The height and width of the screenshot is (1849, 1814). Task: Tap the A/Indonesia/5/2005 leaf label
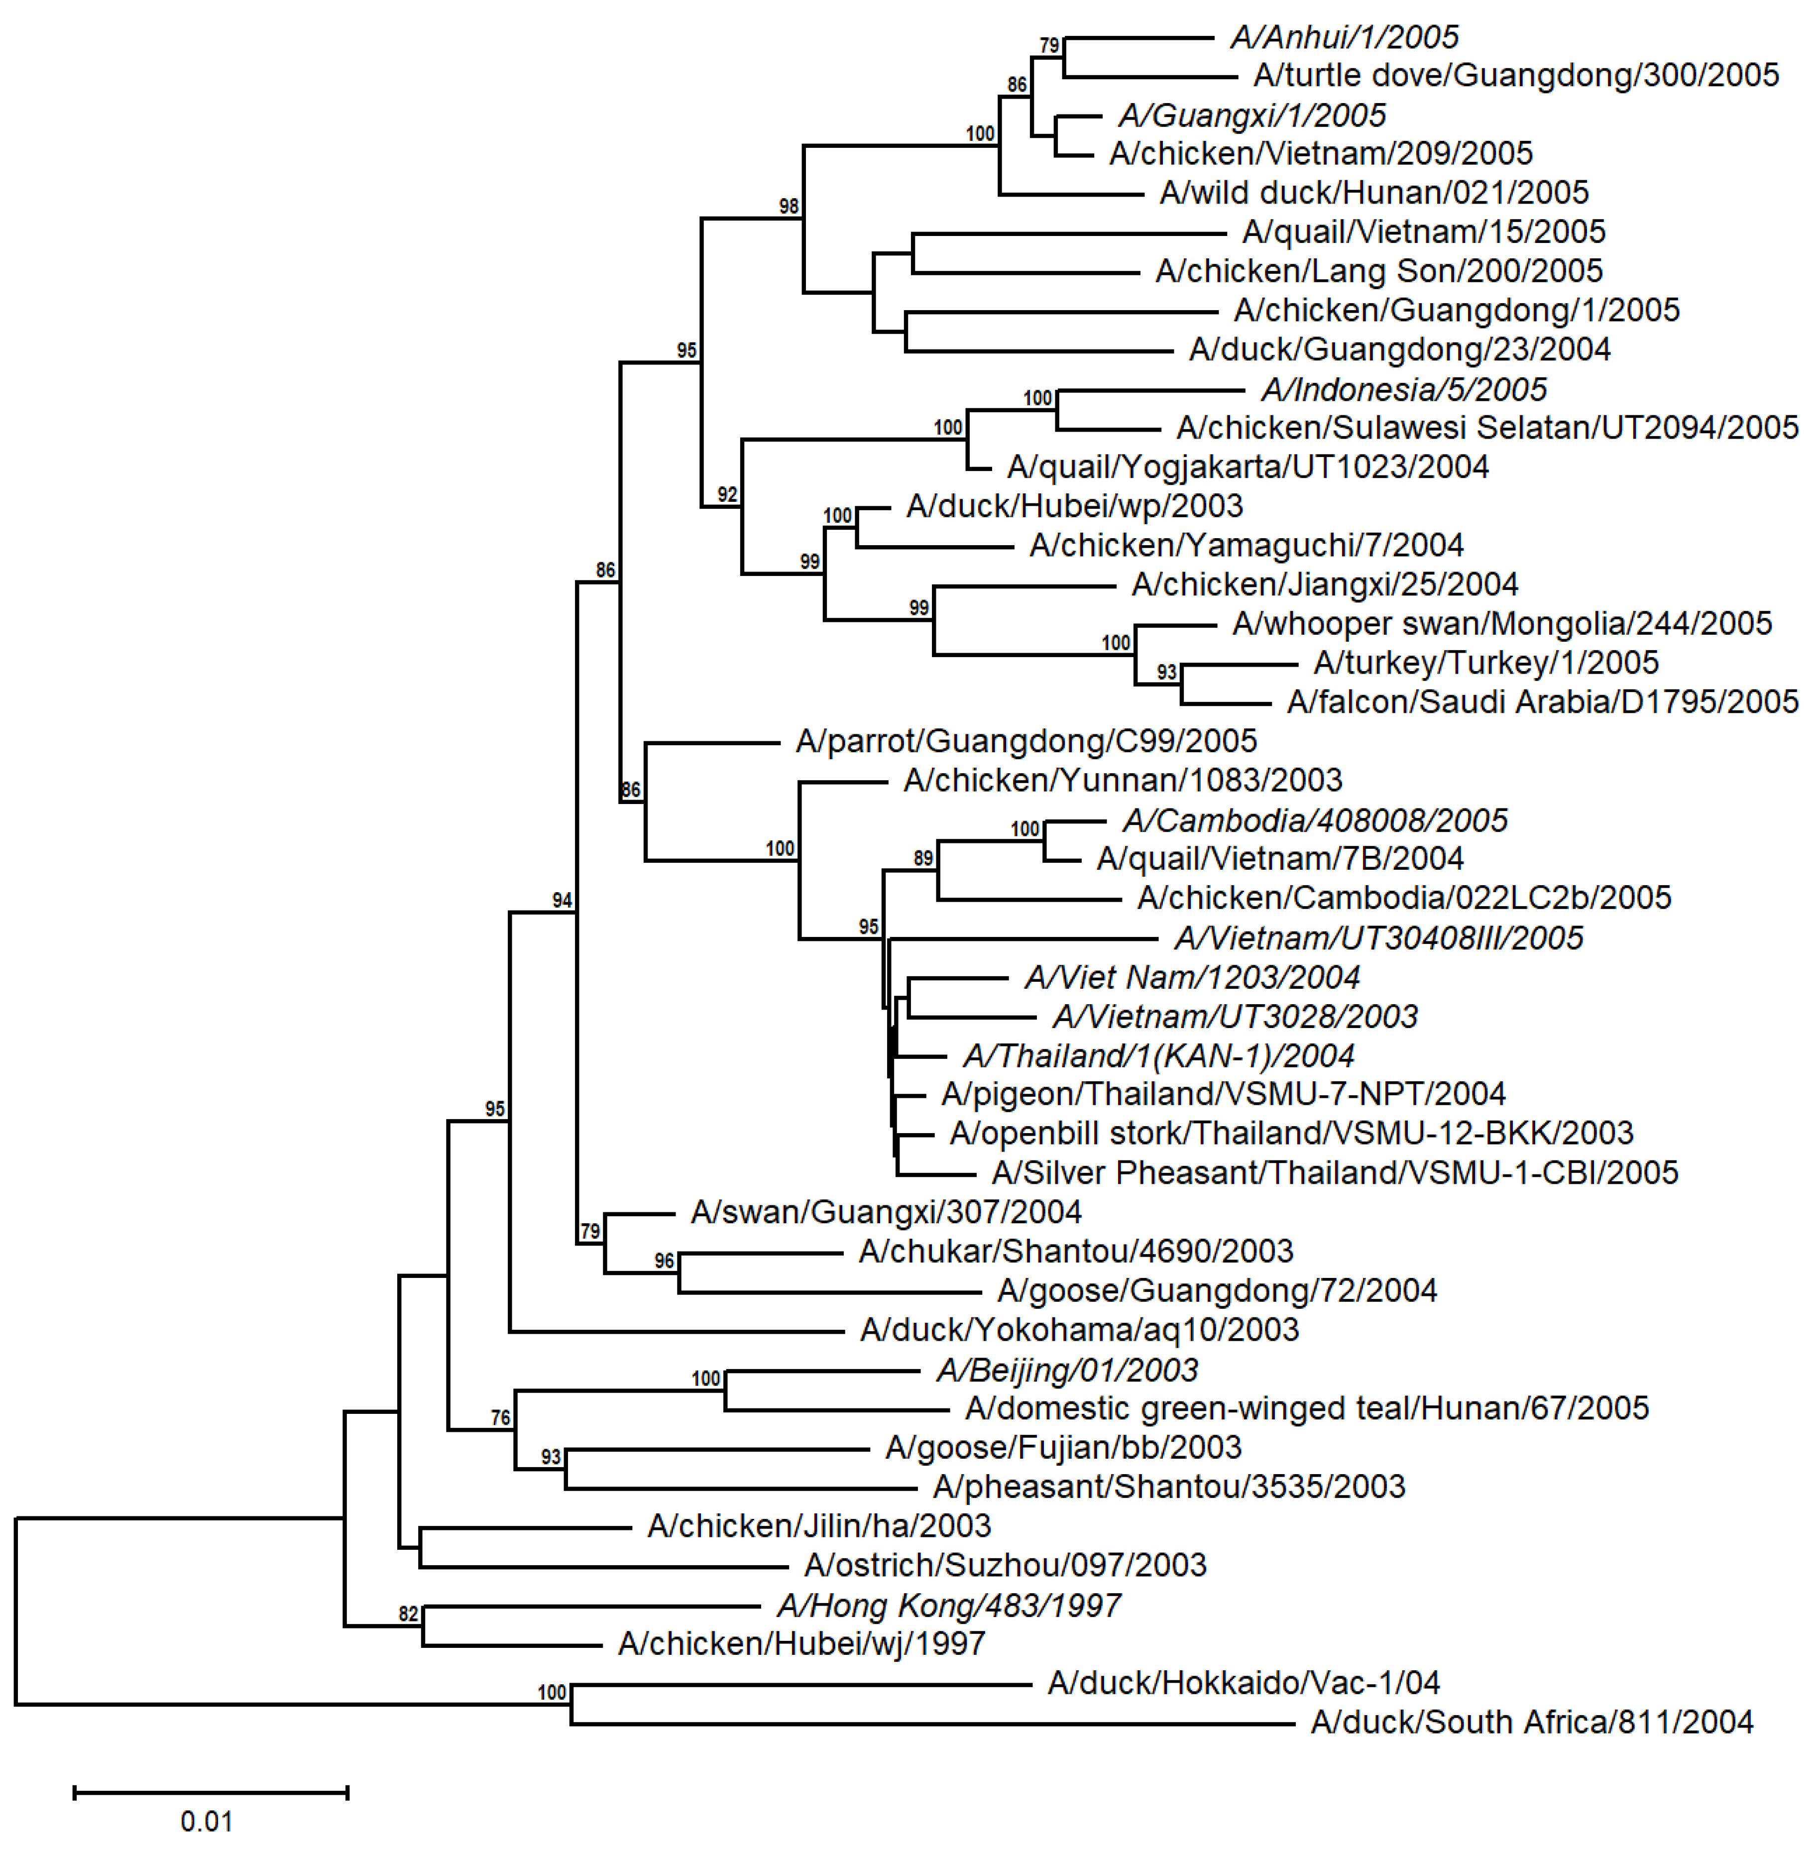pos(1403,390)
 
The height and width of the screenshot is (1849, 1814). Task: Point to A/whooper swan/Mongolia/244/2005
pos(1501,624)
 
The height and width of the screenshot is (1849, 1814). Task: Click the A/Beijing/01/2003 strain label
pos(1067,1371)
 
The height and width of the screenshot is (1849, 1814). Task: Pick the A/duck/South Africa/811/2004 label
pos(1531,1723)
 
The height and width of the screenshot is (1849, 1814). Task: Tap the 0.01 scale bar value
pos(207,1822)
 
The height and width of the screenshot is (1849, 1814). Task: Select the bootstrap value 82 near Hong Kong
pos(409,1614)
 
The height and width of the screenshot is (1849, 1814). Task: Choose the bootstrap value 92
pos(728,494)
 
